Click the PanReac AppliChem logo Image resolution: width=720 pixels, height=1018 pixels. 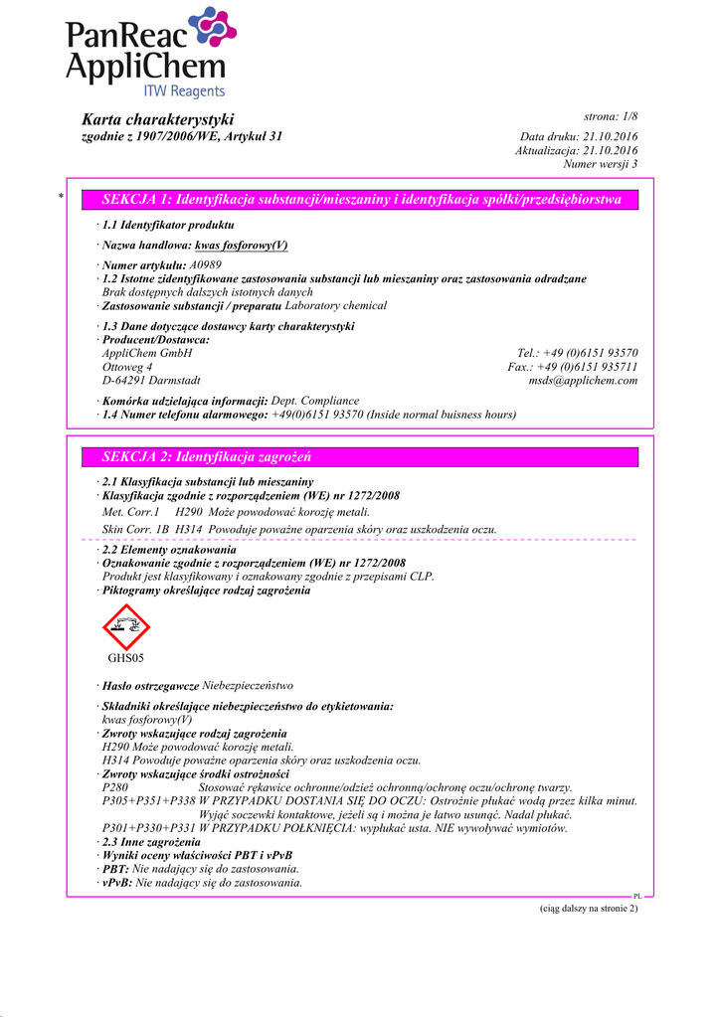(x=149, y=54)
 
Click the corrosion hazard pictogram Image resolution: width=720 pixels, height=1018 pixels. (x=126, y=627)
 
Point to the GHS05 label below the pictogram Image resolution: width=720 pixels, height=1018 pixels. (x=126, y=658)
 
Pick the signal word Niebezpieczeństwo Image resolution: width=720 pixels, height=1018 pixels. (x=248, y=686)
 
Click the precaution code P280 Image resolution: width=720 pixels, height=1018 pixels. (x=115, y=787)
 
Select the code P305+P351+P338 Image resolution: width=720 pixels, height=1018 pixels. (x=149, y=800)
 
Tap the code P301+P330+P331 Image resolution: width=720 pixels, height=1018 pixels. (x=149, y=828)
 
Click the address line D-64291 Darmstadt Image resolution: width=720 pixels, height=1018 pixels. (x=151, y=381)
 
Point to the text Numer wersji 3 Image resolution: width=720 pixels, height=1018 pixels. (x=600, y=164)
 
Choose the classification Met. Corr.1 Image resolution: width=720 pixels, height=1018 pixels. (x=131, y=511)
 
